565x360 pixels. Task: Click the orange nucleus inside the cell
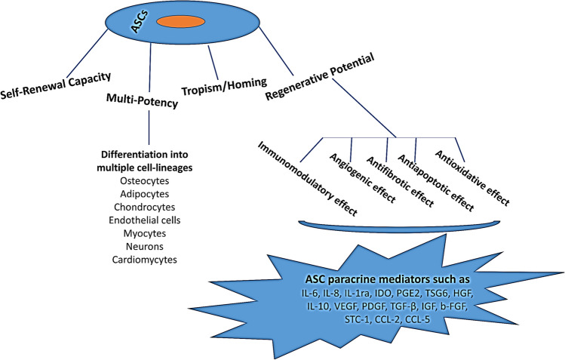[x=181, y=22]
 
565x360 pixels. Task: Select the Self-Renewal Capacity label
[x=56, y=85]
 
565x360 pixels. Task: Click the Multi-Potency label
[x=142, y=100]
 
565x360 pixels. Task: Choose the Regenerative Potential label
[x=320, y=77]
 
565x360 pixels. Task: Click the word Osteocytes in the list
[x=145, y=180]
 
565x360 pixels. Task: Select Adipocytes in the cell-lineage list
[x=145, y=194]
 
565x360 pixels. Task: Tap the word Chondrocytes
[x=145, y=208]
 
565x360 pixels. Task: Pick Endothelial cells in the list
[x=145, y=220]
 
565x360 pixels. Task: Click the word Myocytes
[x=145, y=233]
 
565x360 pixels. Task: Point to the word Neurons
[x=145, y=247]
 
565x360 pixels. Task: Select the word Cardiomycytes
[x=145, y=260]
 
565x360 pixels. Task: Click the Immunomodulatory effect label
[x=308, y=178]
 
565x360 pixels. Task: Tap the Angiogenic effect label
[x=363, y=177]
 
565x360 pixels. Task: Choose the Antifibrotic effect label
[x=400, y=182]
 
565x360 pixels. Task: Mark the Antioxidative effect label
[x=472, y=178]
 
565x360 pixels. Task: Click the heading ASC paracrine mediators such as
[x=388, y=280]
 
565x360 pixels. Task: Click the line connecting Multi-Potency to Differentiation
[x=149, y=128]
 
